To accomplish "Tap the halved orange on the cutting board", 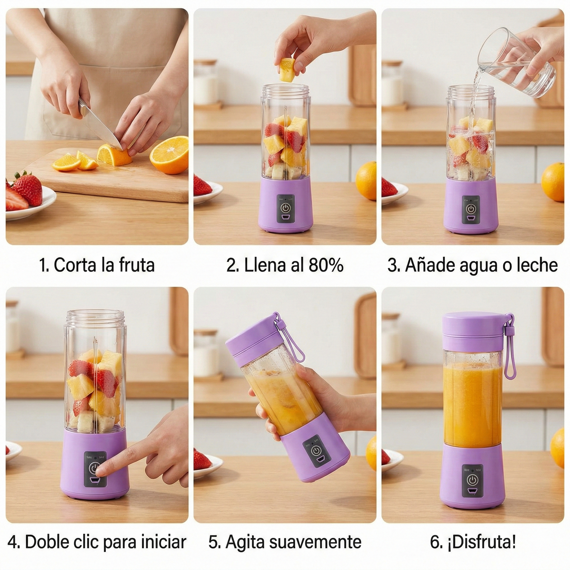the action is [x=169, y=155].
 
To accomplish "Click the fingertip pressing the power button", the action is [x=100, y=472].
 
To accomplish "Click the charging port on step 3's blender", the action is [x=471, y=219].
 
